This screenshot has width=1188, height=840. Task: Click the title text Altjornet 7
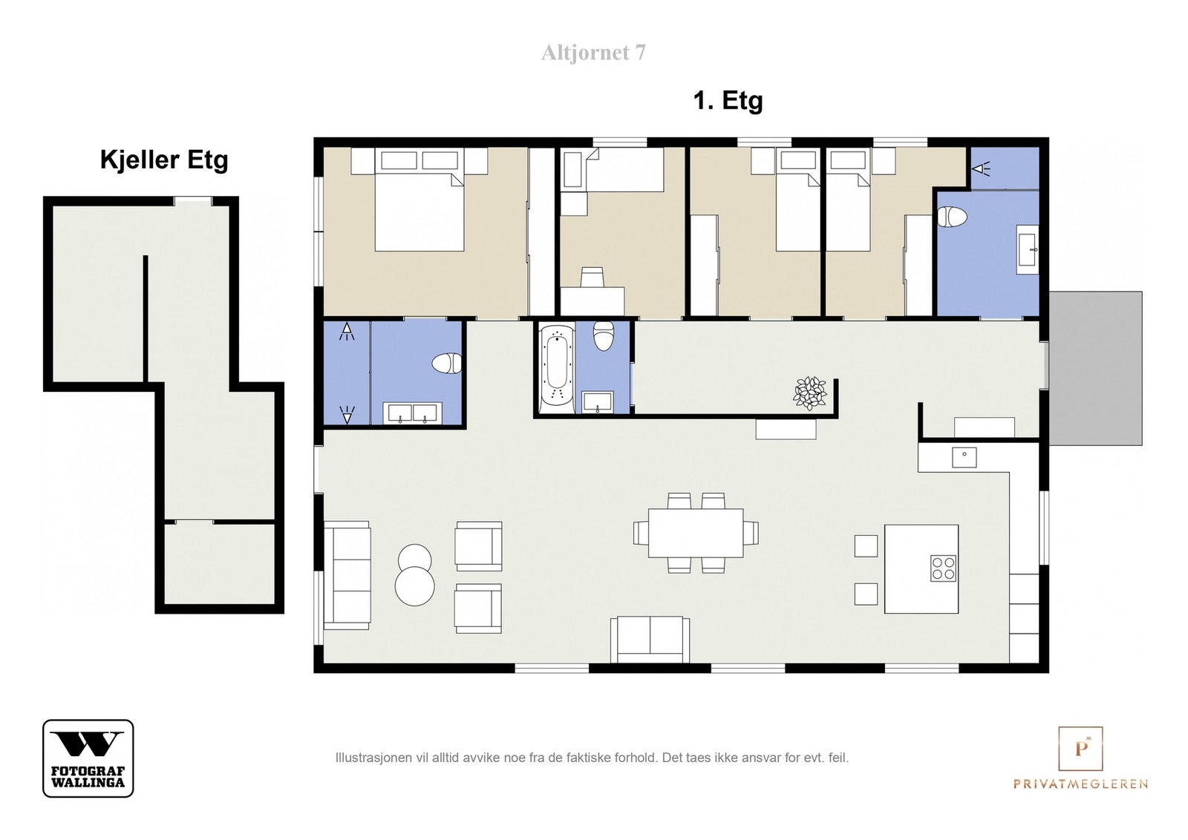click(593, 53)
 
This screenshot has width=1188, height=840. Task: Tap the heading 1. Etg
click(728, 100)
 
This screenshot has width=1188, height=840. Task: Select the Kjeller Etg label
click(164, 160)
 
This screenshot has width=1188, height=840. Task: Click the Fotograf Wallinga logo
click(88, 758)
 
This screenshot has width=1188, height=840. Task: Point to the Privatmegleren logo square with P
click(1080, 748)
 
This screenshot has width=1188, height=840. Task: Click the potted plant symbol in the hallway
click(809, 393)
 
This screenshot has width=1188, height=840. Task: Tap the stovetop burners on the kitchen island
click(944, 568)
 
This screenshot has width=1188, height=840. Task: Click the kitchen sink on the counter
click(965, 457)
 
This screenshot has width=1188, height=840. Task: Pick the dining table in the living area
click(695, 533)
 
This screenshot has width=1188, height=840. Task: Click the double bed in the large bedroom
click(419, 200)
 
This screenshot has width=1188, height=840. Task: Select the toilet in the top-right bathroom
click(952, 217)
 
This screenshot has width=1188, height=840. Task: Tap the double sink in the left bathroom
click(413, 413)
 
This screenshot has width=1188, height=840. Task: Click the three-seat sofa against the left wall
click(347, 575)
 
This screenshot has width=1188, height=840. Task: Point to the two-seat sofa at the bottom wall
click(650, 639)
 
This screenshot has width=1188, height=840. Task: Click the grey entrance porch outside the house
click(1095, 368)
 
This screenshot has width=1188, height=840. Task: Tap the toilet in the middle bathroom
click(604, 335)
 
